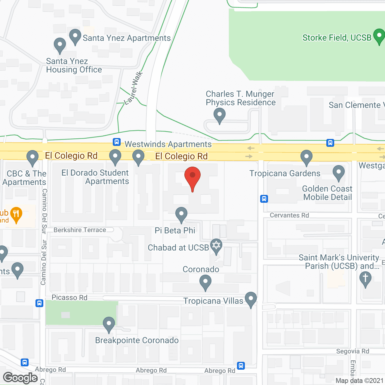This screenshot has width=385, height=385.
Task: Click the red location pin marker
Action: pyautogui.click(x=192, y=177)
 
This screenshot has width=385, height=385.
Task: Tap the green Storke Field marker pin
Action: pyautogui.click(x=379, y=36)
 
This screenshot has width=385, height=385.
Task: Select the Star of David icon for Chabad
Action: pyautogui.click(x=216, y=245)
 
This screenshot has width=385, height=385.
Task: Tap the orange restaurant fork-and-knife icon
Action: pyautogui.click(x=16, y=214)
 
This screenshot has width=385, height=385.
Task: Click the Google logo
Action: pyautogui.click(x=20, y=378)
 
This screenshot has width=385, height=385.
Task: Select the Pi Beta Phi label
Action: pyautogui.click(x=175, y=230)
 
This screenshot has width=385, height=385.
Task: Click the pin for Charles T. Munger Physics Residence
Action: pyautogui.click(x=220, y=115)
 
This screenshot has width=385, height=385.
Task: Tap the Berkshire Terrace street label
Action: pyautogui.click(x=80, y=230)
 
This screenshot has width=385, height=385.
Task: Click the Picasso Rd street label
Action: pyautogui.click(x=69, y=297)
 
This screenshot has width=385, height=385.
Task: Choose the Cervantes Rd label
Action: pyautogui.click(x=289, y=215)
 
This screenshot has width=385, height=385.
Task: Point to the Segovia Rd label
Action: pyautogui.click(x=353, y=351)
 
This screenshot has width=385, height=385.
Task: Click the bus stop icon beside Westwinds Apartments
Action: pyautogui.click(x=117, y=142)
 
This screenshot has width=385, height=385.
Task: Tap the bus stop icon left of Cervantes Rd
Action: pyautogui.click(x=264, y=199)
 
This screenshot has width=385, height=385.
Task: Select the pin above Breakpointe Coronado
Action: pyautogui.click(x=109, y=325)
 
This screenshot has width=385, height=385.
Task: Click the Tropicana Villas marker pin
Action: pyautogui.click(x=251, y=299)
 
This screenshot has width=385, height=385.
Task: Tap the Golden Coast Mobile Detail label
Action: pyautogui.click(x=327, y=193)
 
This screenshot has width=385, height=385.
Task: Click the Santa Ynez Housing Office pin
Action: pyautogui.click(x=60, y=45)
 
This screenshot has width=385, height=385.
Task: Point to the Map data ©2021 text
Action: pyautogui.click(x=359, y=380)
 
